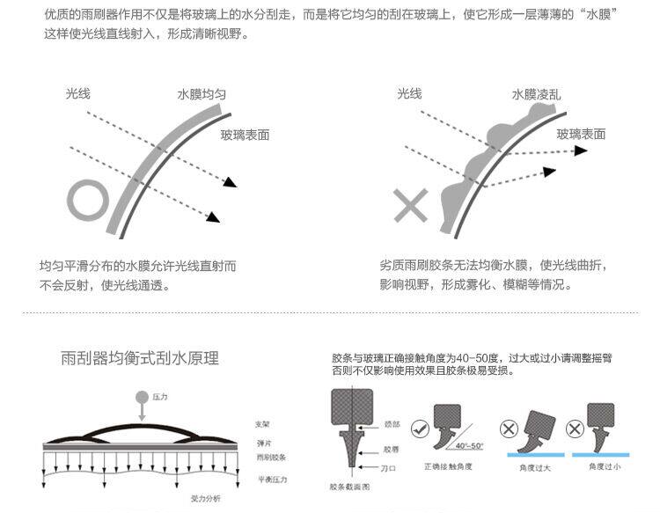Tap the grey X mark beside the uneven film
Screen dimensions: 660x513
[410, 206]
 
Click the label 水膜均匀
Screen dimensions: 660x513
[203, 94]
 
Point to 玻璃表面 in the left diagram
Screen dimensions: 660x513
[245, 135]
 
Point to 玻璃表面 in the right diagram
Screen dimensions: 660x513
[581, 134]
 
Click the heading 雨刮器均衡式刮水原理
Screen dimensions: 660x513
[139, 358]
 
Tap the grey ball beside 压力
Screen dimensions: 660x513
[141, 398]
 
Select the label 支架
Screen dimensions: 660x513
[262, 424]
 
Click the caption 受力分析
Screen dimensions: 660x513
[205, 499]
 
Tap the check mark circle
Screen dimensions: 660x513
[421, 431]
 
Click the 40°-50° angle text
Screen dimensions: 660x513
[468, 445]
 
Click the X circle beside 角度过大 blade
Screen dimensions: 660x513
[508, 430]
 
